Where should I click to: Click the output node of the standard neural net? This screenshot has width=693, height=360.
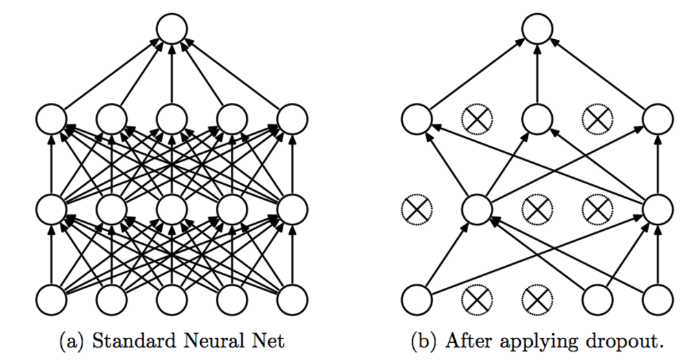172,30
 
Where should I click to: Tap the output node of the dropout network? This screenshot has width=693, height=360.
538,30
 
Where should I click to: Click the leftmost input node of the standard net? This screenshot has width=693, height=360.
51,300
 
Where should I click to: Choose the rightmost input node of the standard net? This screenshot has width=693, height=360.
293,300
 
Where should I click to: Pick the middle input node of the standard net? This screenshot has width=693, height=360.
172,300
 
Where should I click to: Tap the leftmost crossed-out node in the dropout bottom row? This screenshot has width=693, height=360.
476,300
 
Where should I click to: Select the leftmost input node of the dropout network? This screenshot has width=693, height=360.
416,300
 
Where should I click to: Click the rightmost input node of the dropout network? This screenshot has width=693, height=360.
658,300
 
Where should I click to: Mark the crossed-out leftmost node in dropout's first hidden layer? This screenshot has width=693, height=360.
416,210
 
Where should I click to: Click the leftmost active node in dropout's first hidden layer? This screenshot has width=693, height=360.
476,210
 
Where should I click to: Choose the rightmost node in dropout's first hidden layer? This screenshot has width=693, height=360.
658,210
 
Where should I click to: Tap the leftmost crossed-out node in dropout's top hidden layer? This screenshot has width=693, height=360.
476,119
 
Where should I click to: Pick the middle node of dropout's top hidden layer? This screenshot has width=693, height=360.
538,119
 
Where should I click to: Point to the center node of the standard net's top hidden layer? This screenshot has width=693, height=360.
172,119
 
